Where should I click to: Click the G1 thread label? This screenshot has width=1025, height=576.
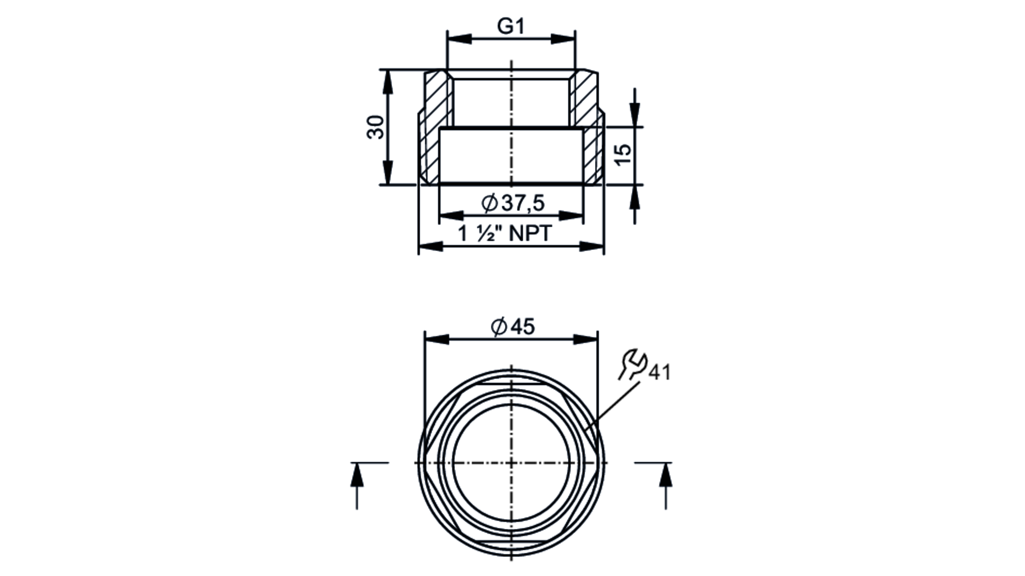(511, 26)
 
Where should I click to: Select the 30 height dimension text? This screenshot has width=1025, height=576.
(376, 127)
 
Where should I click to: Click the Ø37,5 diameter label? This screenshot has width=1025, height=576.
(513, 203)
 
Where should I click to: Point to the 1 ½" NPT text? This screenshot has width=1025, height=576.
(505, 234)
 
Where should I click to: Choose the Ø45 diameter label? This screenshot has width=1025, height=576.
(512, 326)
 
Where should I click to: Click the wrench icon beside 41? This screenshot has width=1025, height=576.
(632, 364)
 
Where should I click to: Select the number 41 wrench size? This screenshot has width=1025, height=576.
(660, 373)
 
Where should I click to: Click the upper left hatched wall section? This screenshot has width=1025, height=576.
(437, 97)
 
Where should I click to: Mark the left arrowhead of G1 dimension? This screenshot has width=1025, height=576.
(459, 39)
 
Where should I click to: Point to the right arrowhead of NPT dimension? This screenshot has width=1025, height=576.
(592, 247)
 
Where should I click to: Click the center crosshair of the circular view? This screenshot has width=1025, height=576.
(511, 463)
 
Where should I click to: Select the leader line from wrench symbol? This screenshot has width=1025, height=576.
(612, 407)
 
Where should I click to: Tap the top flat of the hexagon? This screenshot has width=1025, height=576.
(511, 384)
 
